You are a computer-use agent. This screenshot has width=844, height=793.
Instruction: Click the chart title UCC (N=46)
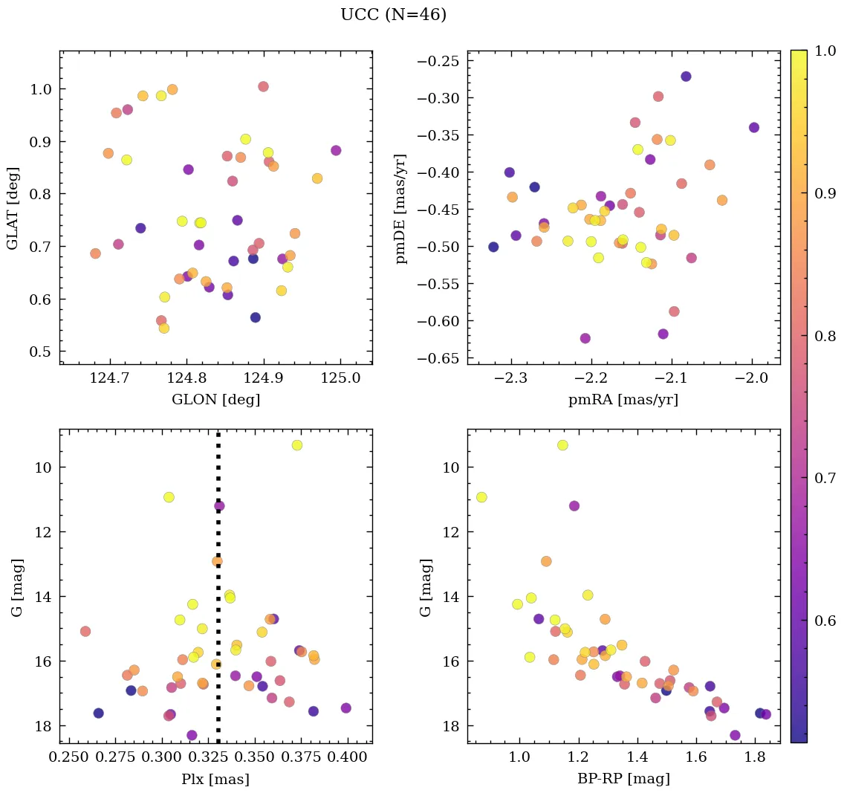click(393, 15)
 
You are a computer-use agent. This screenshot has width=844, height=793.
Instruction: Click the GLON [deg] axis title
click(215, 400)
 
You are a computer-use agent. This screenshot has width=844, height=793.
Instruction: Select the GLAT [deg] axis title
click(13, 208)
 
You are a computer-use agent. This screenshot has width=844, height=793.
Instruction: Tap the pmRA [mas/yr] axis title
click(623, 400)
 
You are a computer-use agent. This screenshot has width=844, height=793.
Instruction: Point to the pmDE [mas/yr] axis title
click(402, 208)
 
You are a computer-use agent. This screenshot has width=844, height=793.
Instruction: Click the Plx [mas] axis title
click(215, 779)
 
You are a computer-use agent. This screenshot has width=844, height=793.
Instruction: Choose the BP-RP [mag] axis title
click(623, 779)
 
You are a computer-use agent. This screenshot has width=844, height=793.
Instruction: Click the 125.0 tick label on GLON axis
click(340, 378)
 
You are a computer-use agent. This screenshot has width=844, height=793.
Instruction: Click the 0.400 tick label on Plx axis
click(346, 757)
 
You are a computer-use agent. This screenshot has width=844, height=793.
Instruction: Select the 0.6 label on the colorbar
click(824, 621)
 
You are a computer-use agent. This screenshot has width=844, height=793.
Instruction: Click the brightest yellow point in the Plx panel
click(297, 445)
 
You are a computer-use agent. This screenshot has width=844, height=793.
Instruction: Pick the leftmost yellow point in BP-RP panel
click(481, 497)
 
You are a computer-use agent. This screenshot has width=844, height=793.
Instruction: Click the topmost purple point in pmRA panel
click(686, 77)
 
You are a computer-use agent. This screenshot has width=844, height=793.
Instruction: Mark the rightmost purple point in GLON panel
click(336, 150)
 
